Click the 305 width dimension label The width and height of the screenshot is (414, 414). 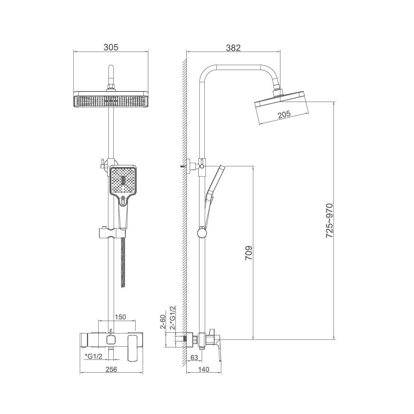point(111,47)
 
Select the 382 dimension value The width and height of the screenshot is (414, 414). point(233,48)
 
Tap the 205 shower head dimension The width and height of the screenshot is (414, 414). point(284,114)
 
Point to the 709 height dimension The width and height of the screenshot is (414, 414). point(249,253)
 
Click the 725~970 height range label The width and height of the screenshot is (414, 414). point(330,221)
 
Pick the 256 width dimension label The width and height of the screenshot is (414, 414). point(111,369)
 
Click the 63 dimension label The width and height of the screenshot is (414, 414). point(194,358)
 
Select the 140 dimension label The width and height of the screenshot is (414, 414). point(203,369)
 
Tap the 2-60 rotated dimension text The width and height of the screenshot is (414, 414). point(163,321)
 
